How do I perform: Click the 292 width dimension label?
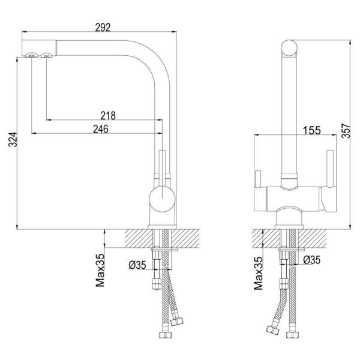[103, 28]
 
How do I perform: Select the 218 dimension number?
[108, 116]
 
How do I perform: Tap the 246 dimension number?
[101, 129]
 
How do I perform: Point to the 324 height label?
[13, 139]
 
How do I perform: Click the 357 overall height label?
[346, 131]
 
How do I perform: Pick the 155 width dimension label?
[311, 130]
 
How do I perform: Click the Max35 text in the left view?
[100, 270]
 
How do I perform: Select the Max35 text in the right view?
[258, 273]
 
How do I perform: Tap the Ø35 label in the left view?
[137, 265]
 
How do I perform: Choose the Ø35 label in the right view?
[311, 260]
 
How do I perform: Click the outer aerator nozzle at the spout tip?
[32, 55]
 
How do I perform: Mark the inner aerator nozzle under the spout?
[46, 55]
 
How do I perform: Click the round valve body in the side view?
[162, 199]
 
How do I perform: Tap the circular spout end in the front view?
[289, 48]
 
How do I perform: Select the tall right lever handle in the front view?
[330, 169]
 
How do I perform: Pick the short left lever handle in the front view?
[258, 179]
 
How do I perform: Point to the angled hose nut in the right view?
[273, 330]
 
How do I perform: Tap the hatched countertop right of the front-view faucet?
[312, 239]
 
